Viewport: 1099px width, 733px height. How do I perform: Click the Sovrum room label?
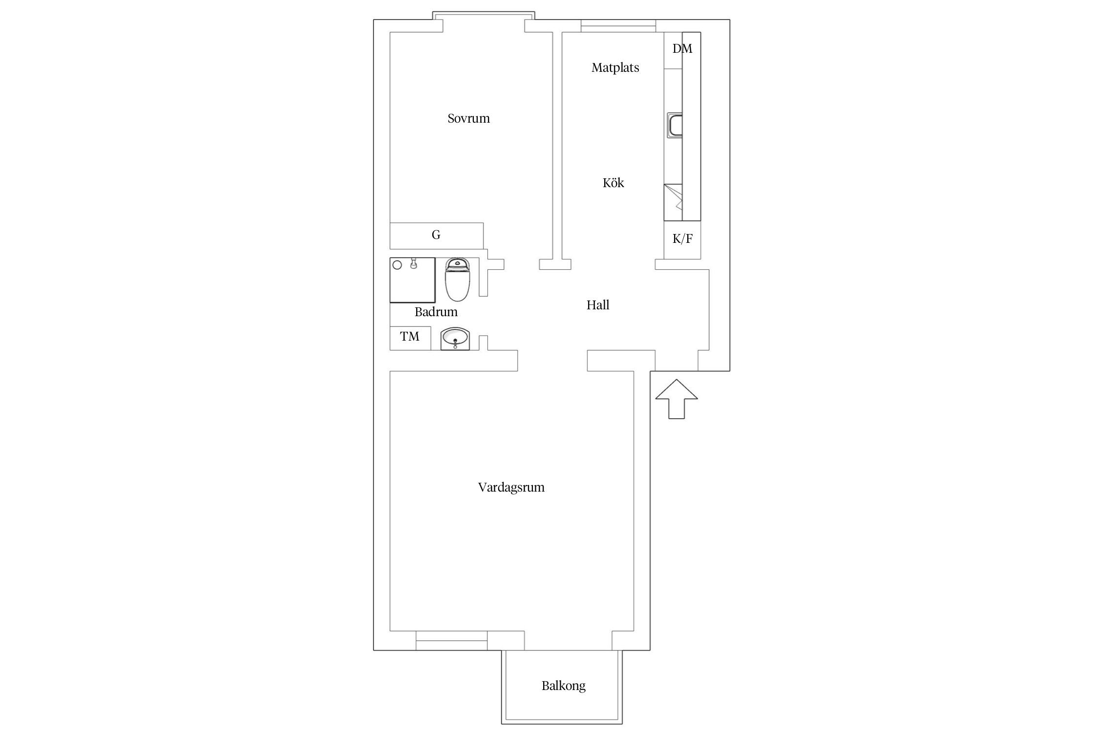[x=468, y=118]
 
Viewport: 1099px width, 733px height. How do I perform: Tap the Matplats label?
[x=615, y=67]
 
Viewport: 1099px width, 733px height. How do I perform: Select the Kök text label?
[x=613, y=183]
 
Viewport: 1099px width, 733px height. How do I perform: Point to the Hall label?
[x=598, y=305]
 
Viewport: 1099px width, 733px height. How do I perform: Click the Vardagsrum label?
[x=511, y=488]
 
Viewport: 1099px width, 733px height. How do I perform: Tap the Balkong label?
[x=563, y=686]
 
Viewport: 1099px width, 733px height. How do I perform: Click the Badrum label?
[x=436, y=312]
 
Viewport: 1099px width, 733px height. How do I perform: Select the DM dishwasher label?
[x=682, y=48]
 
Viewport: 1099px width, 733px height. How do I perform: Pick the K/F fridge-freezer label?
[x=682, y=239]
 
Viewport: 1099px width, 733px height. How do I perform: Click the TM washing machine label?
[x=410, y=336]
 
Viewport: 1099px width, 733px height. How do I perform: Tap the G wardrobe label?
[x=436, y=235]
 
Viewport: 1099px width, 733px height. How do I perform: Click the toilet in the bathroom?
[x=458, y=279]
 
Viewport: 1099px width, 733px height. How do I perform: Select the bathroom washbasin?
[x=455, y=339]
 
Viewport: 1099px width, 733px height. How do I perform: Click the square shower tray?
[x=412, y=280]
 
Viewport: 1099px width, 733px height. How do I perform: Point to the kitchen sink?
[x=675, y=125]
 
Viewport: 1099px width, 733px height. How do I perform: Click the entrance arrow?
[x=676, y=399]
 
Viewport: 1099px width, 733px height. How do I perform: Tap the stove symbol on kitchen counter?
[x=673, y=202]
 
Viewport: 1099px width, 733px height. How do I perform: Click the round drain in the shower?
[x=397, y=265]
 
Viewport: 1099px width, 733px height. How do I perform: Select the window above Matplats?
[x=618, y=26]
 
